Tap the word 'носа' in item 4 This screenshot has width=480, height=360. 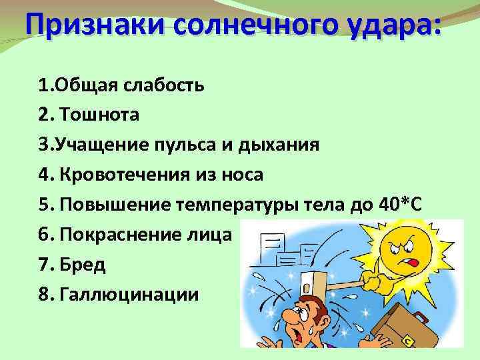(242, 175)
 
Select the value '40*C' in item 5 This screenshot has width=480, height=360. (397, 205)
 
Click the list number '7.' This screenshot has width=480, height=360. (46, 265)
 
